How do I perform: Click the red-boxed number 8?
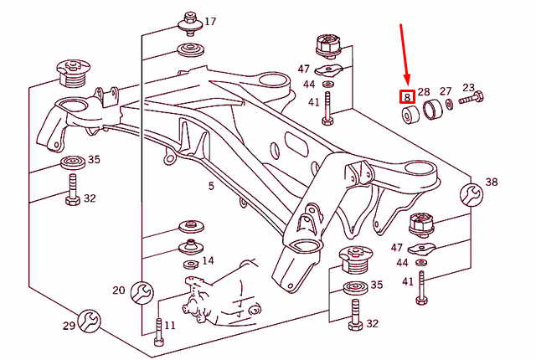[x=407, y=97]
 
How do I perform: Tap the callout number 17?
[x=209, y=21]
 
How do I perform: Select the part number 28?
[x=423, y=92]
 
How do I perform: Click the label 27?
[x=446, y=90]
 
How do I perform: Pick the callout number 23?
[x=468, y=87]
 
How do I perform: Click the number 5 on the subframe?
[x=211, y=185]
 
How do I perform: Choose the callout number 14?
[x=209, y=261]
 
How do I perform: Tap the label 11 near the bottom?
[x=169, y=325]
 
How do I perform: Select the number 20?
[x=118, y=291]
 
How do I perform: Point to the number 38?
[x=491, y=183]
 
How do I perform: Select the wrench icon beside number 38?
[x=471, y=195]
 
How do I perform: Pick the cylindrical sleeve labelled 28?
[x=433, y=111]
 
